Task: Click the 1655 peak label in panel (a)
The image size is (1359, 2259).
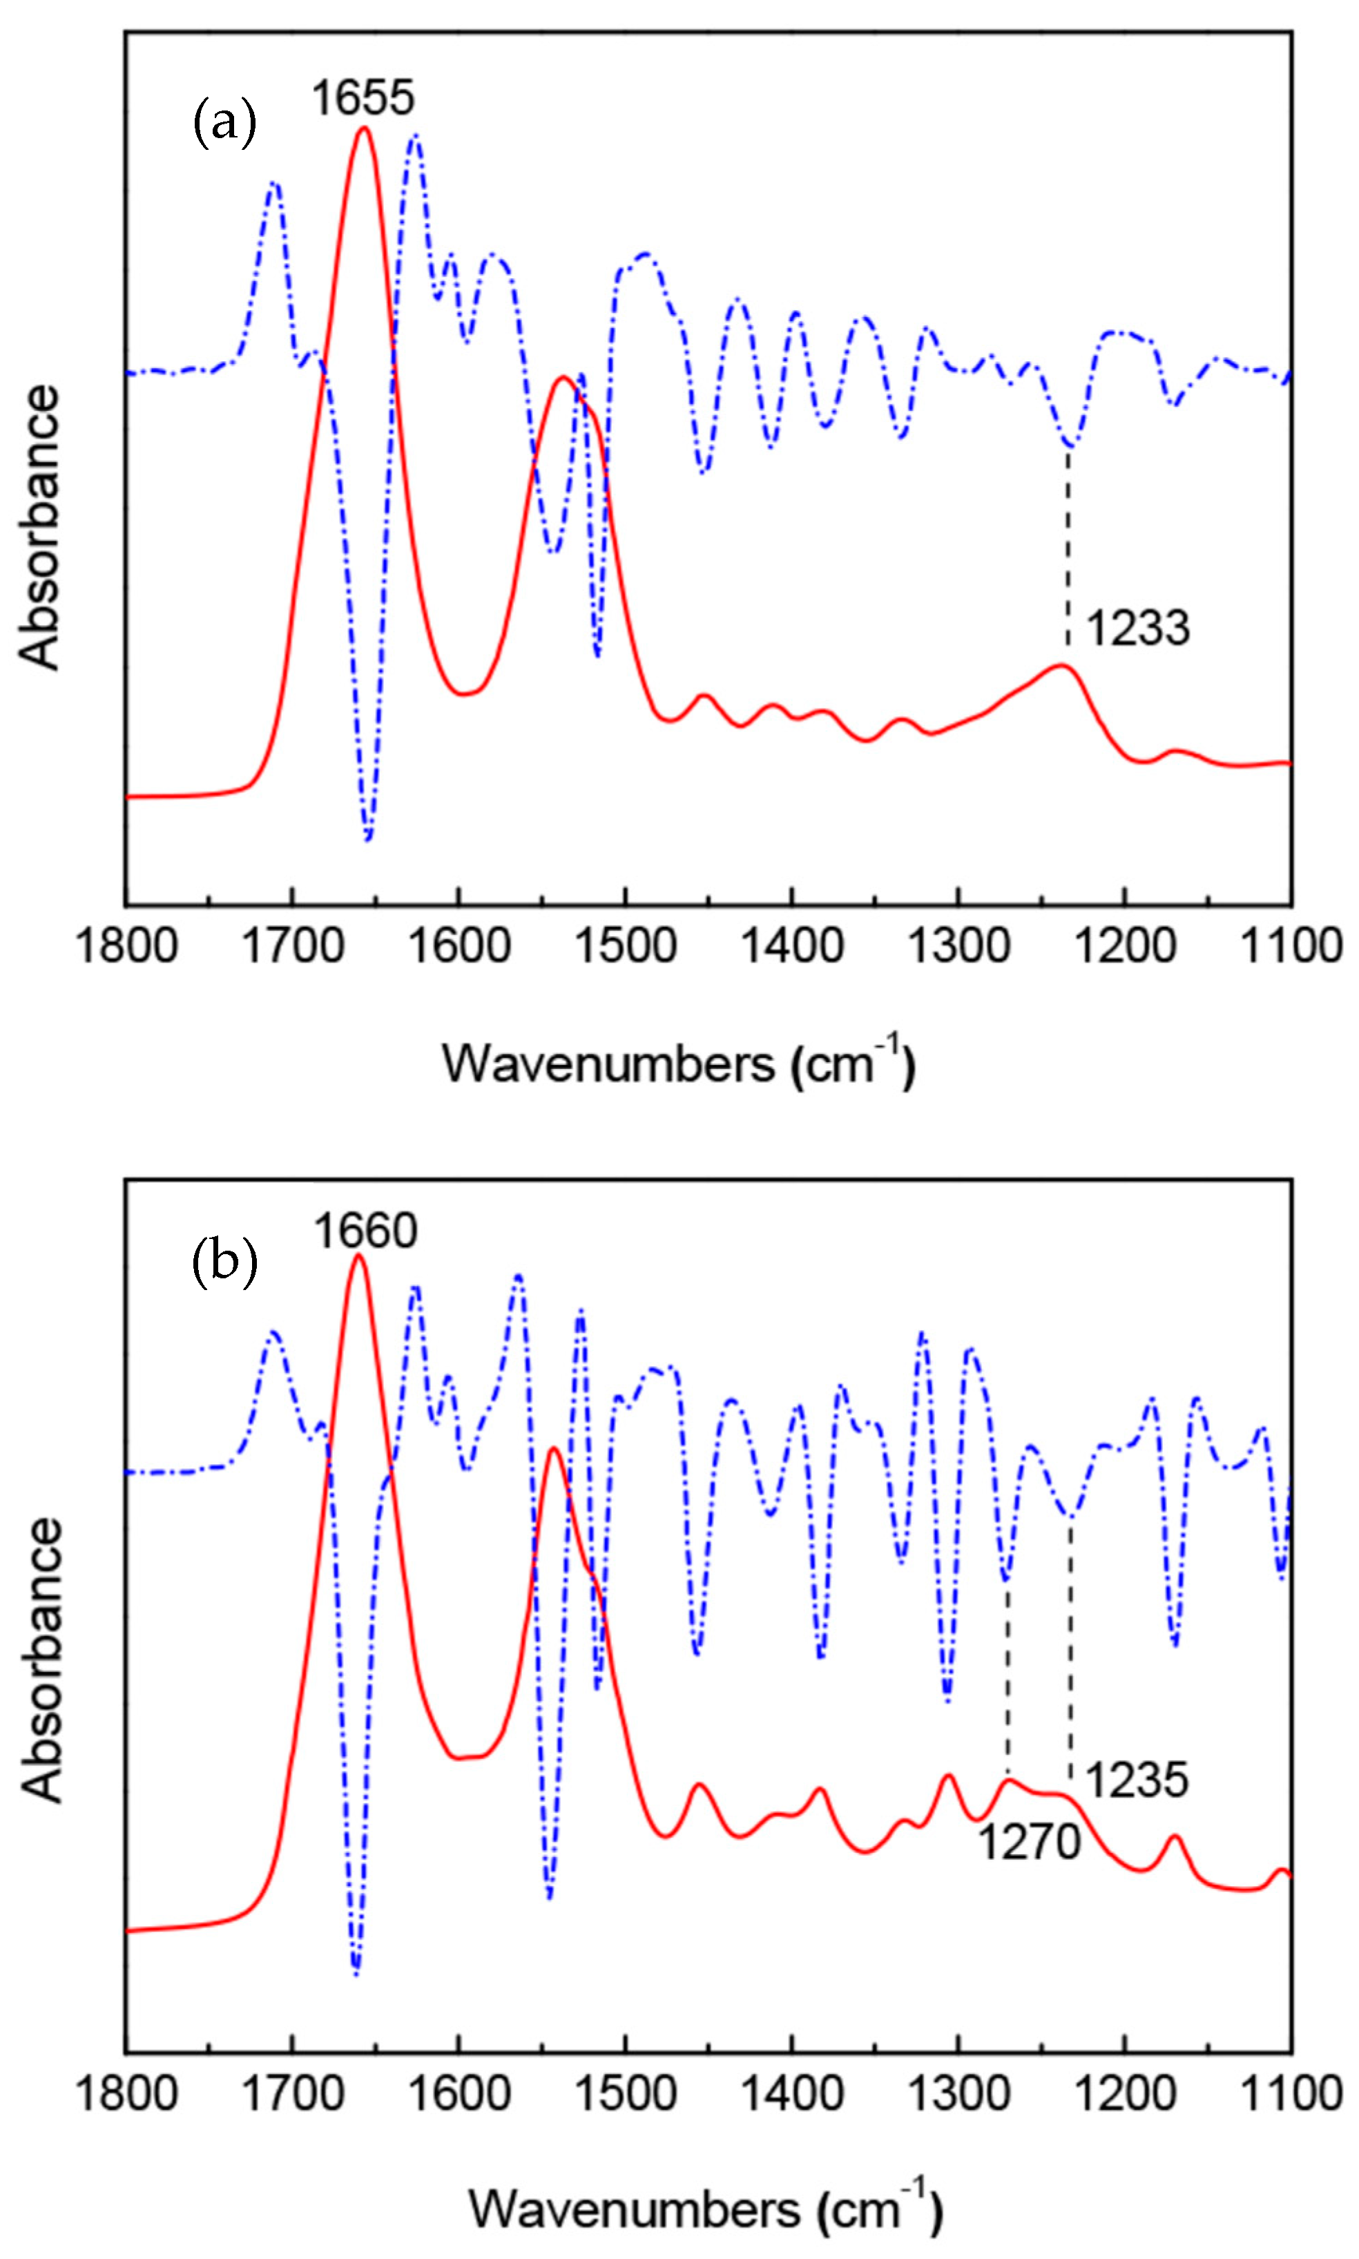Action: tap(363, 97)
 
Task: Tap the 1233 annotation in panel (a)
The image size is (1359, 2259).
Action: tap(1137, 628)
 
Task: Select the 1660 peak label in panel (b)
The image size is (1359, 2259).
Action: tap(365, 1231)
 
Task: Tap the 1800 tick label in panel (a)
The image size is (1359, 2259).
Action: tap(126, 945)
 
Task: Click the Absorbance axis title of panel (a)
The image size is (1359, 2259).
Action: tap(39, 528)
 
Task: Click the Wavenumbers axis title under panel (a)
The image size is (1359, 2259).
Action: tap(679, 1064)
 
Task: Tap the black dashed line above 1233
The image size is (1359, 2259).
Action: tap(1068, 550)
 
